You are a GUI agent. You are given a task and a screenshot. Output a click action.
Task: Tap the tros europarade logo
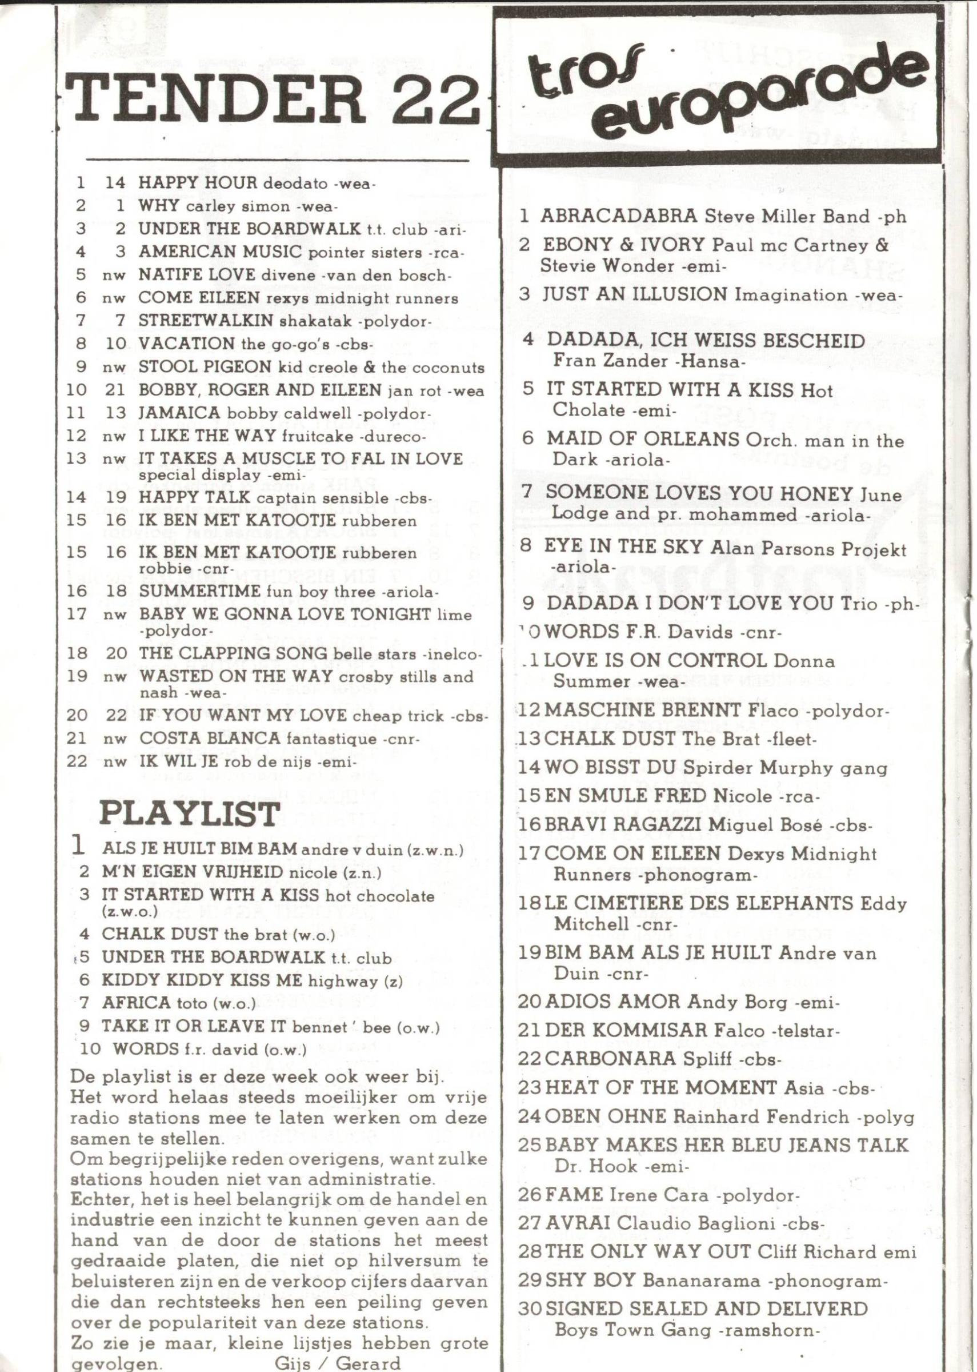716,90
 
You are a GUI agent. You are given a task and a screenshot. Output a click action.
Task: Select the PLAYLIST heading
189,815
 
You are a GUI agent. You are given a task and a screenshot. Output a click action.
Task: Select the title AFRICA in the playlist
136,1003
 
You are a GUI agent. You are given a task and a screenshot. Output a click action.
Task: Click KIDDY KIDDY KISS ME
202,980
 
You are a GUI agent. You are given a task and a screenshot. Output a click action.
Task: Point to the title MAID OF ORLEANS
643,439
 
